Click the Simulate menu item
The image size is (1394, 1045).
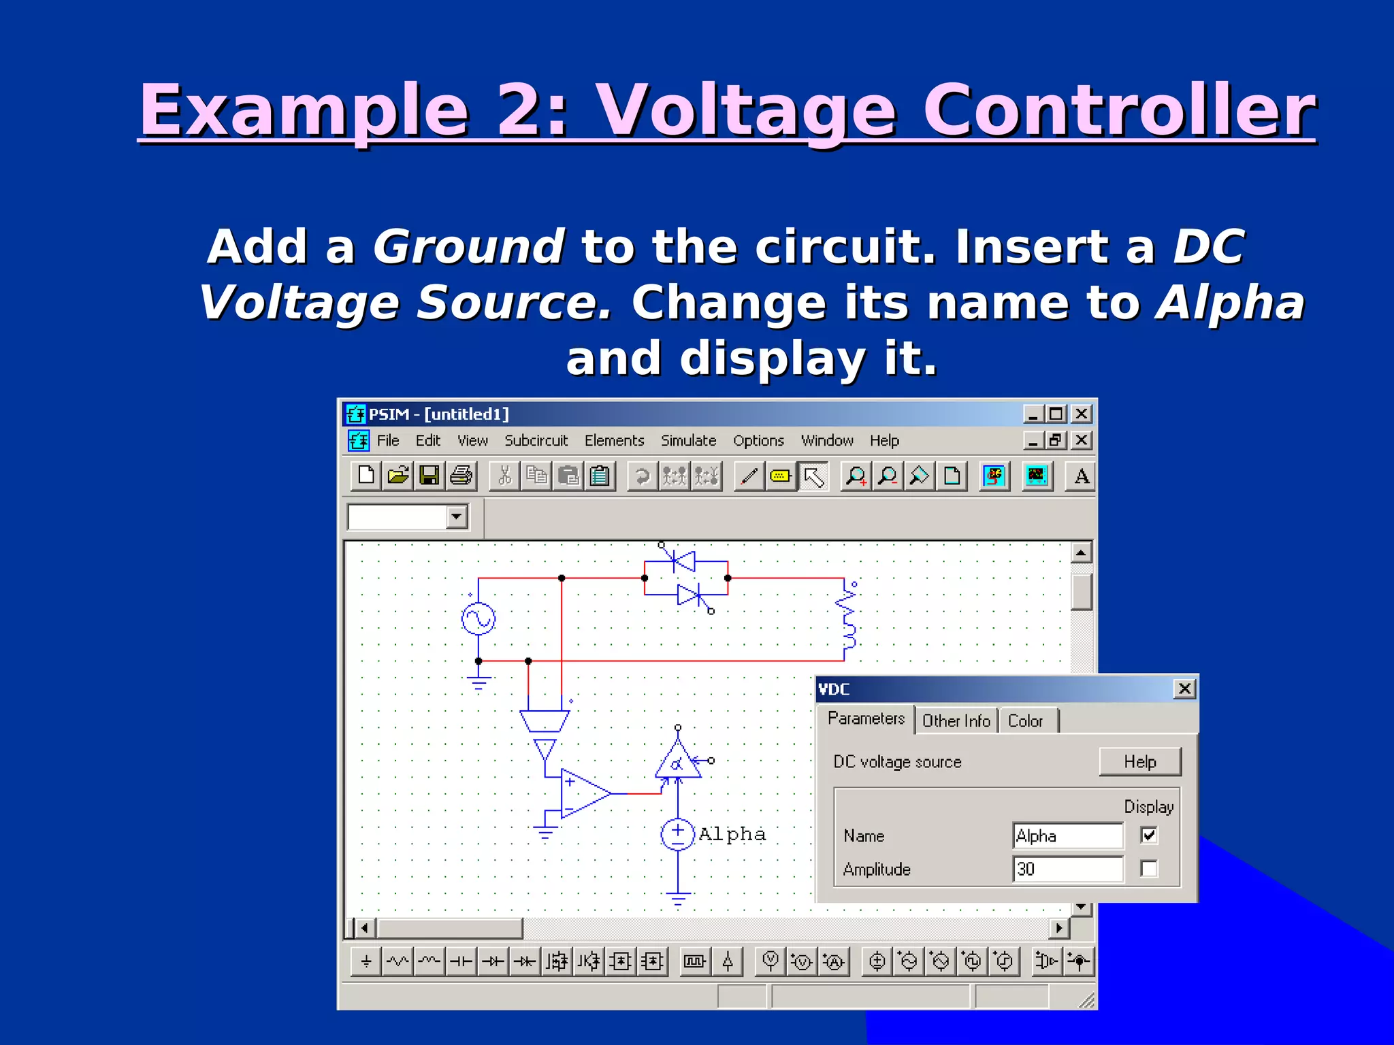(x=688, y=441)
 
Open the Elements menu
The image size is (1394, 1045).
(x=614, y=441)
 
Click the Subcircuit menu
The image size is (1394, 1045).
(x=536, y=441)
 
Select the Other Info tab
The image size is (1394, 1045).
(x=956, y=721)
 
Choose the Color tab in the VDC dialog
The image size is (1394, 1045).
(x=1025, y=721)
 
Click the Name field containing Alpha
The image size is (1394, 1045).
(x=1067, y=835)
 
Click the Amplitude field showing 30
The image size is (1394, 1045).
(x=1067, y=869)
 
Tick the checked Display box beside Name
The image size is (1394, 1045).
(x=1149, y=835)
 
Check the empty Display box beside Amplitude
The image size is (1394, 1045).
(x=1149, y=869)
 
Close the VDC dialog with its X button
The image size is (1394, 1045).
(x=1184, y=689)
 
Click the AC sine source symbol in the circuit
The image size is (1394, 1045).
(x=479, y=619)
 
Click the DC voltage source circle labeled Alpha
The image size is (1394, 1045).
(x=677, y=835)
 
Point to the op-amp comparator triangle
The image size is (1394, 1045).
(x=583, y=794)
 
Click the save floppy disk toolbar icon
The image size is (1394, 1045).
(x=429, y=476)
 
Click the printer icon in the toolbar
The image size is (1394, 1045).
(x=461, y=476)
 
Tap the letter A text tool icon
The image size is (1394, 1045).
(x=1081, y=476)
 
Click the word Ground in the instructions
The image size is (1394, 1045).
(x=468, y=246)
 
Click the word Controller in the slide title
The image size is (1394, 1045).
(x=1118, y=110)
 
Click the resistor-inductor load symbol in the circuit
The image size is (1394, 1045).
(x=848, y=619)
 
